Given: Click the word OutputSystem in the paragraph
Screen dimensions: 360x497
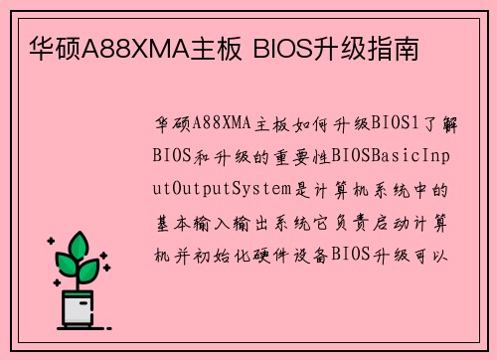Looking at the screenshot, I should [224, 188].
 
